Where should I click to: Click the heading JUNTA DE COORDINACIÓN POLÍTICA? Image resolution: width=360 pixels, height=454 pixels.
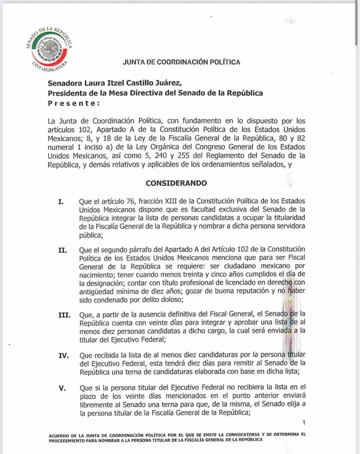click(181, 62)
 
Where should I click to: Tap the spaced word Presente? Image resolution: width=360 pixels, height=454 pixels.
click(74, 103)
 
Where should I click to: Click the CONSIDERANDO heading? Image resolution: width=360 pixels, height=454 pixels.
click(176, 183)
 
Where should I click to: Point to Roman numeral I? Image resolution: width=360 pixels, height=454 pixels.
click(61, 202)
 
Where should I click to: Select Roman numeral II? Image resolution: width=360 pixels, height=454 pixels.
click(62, 250)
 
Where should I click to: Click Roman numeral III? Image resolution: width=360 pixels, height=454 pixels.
click(64, 315)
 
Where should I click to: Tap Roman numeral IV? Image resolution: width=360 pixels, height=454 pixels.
click(64, 356)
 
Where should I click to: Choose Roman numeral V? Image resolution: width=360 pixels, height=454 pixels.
click(62, 388)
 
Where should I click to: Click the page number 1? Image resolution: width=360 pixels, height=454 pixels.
click(304, 423)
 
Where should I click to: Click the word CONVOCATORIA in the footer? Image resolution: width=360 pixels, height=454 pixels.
click(243, 434)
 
